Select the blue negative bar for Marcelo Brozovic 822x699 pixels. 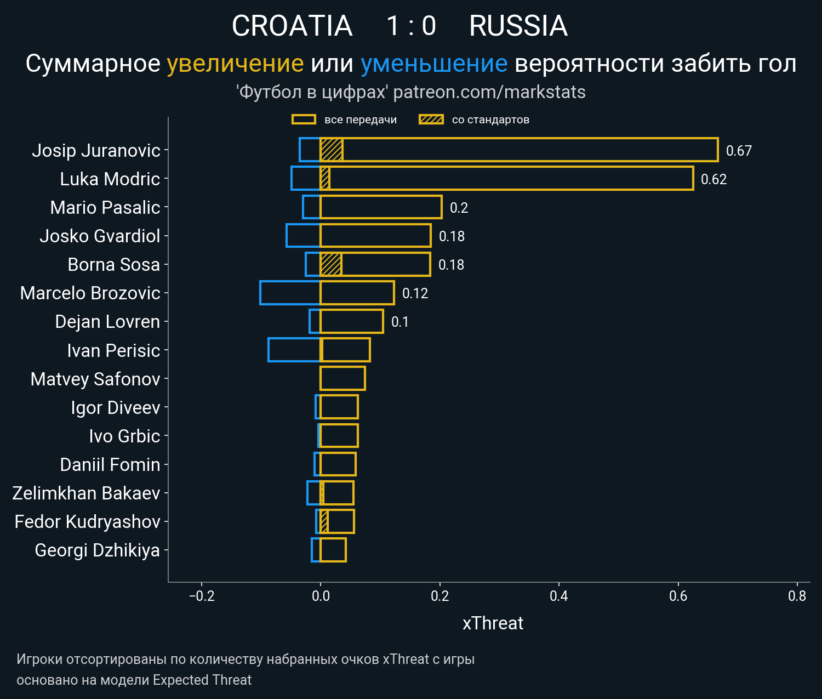pos(290,293)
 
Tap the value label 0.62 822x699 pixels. pos(713,179)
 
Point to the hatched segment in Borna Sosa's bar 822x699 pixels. pos(331,264)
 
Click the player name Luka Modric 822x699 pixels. pos(110,179)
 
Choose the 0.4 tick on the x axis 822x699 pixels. pos(559,596)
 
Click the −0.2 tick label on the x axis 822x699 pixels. pos(202,596)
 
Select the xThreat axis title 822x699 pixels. pos(493,623)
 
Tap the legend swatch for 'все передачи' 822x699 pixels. pos(304,120)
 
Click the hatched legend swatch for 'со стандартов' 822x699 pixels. pos(431,120)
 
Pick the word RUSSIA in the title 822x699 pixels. pos(518,26)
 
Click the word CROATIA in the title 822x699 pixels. pos(292,26)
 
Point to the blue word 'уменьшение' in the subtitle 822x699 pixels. pos(434,64)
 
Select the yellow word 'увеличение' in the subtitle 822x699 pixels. pos(235,64)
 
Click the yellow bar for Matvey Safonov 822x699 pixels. pos(342,378)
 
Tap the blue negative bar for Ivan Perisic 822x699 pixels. pos(294,350)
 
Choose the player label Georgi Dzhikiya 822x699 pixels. pos(97,550)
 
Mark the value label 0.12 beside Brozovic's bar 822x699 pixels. pos(415,293)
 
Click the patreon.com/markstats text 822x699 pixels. pos(489,92)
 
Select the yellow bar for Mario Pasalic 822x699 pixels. pos(381,207)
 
